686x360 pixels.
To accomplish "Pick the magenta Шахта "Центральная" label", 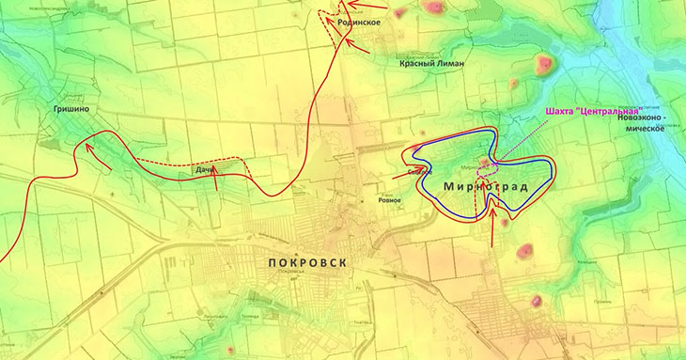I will [594, 110].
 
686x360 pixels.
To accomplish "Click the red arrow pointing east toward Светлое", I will [405, 173].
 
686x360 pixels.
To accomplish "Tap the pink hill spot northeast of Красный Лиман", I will [543, 65].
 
